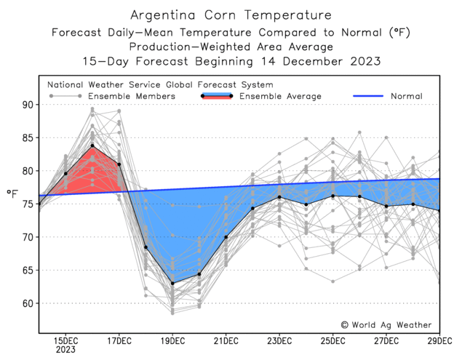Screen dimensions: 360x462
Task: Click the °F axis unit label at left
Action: pyautogui.click(x=12, y=193)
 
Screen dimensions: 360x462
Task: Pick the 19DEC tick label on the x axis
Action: pyautogui.click(x=172, y=340)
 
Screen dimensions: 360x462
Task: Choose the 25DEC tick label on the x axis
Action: pyautogui.click(x=332, y=340)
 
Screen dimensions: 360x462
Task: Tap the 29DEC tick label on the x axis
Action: pyautogui.click(x=438, y=340)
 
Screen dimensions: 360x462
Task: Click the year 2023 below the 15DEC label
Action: pyautogui.click(x=66, y=349)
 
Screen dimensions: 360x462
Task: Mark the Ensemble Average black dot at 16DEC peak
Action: pyautogui.click(x=92, y=145)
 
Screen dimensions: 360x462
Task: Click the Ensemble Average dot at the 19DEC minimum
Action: pyautogui.click(x=172, y=283)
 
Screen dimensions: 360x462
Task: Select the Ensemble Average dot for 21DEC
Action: pyautogui.click(x=226, y=237)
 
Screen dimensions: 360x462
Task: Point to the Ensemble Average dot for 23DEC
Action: pyautogui.click(x=279, y=197)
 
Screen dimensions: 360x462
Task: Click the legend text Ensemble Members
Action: pyautogui.click(x=131, y=96)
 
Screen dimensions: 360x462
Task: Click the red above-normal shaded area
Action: pyautogui.click(x=91, y=171)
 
